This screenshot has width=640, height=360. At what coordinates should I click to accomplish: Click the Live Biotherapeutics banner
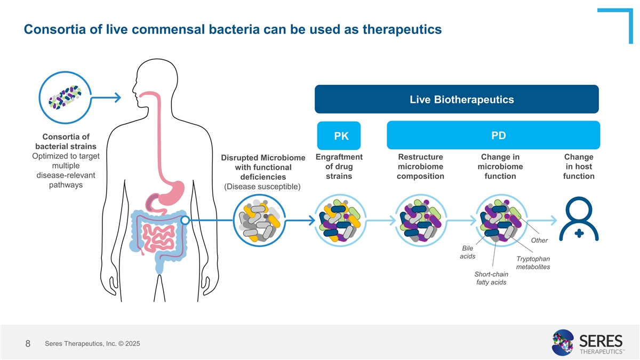coord(457,99)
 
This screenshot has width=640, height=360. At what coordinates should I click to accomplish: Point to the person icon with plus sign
coord(579,220)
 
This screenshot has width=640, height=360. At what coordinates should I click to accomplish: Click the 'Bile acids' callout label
coord(468,252)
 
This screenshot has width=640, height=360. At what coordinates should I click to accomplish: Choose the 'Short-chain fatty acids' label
coord(491,278)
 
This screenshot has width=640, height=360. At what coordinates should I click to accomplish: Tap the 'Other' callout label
coord(539,241)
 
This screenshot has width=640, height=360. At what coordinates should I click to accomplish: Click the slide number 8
coord(28,344)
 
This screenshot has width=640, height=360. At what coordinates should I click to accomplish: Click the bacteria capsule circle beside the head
coord(65,98)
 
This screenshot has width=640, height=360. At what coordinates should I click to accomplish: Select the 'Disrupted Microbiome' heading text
coord(263,158)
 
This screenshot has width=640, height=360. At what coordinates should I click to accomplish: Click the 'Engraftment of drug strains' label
coord(339,166)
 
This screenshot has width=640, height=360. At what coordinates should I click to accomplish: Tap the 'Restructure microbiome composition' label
coord(421,166)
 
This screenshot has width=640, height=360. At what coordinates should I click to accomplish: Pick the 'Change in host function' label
coord(578,166)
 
